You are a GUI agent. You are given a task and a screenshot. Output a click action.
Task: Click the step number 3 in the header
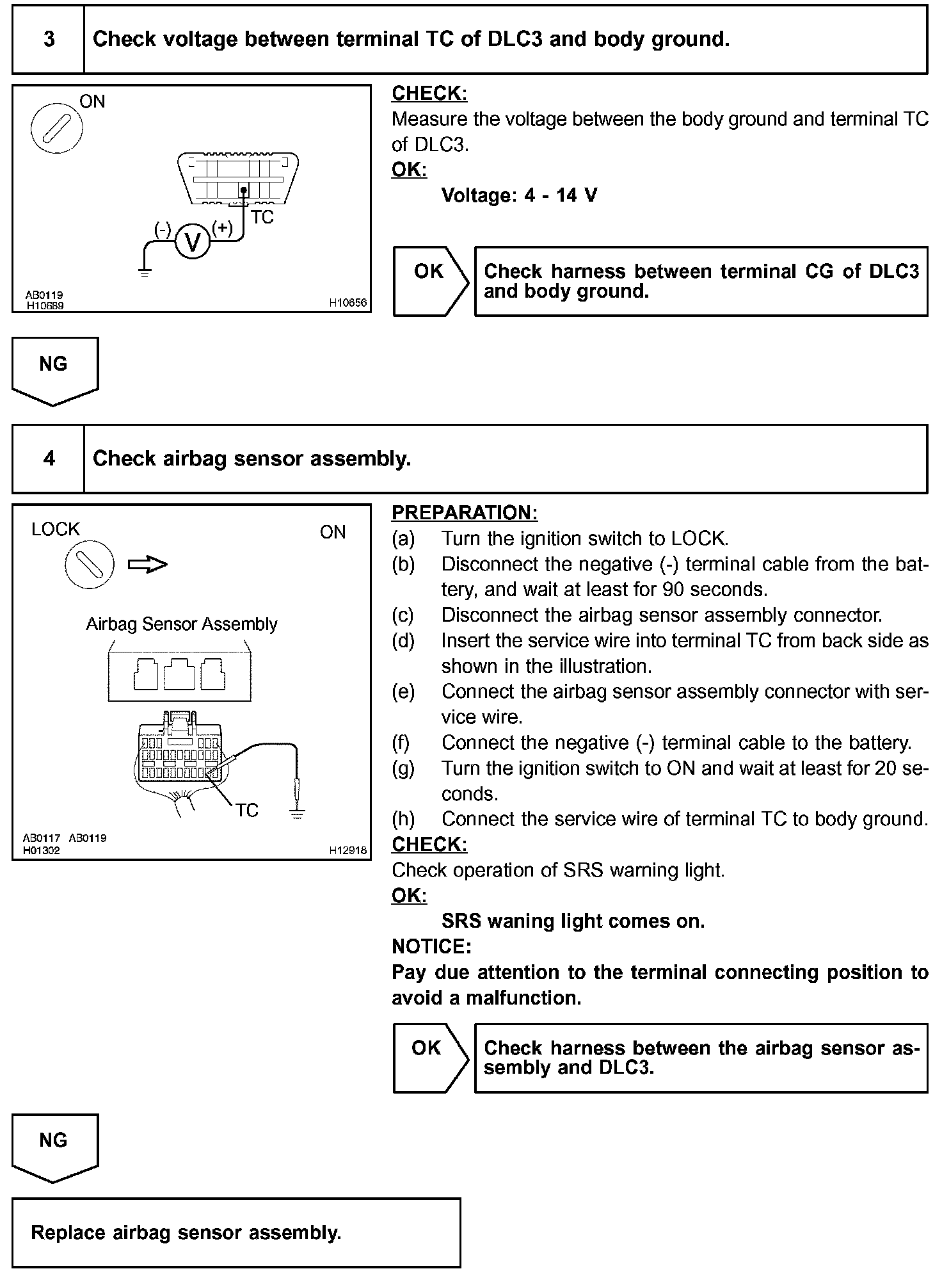pyautogui.click(x=49, y=40)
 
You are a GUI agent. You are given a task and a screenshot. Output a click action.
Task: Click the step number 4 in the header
pyautogui.click(x=49, y=458)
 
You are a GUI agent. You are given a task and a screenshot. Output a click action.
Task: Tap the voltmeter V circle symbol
pyautogui.click(x=192, y=242)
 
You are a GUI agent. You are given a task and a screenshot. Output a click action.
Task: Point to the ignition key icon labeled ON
pyautogui.click(x=56, y=128)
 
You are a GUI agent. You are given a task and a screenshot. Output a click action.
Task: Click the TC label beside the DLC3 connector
pyautogui.click(x=262, y=218)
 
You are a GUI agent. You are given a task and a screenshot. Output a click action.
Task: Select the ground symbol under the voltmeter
pyautogui.click(x=145, y=271)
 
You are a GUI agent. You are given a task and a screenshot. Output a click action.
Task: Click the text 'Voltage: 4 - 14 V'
pyautogui.click(x=519, y=195)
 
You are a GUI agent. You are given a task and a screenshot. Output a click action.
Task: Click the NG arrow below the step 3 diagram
pyautogui.click(x=54, y=370)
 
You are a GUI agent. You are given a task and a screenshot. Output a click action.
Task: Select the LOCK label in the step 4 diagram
pyautogui.click(x=56, y=530)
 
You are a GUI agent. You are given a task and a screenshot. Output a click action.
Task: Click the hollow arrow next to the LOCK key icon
pyautogui.click(x=147, y=564)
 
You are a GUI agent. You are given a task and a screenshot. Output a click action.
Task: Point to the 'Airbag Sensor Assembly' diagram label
pyautogui.click(x=182, y=624)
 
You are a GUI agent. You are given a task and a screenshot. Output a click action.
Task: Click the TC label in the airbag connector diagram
pyautogui.click(x=246, y=811)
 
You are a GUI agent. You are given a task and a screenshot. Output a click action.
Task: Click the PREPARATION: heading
pyautogui.click(x=464, y=513)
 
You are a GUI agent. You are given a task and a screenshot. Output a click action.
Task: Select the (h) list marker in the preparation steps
pyautogui.click(x=403, y=819)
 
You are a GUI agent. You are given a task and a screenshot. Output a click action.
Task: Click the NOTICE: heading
pyautogui.click(x=431, y=946)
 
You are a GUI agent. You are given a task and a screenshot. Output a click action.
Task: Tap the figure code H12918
pyautogui.click(x=347, y=850)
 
